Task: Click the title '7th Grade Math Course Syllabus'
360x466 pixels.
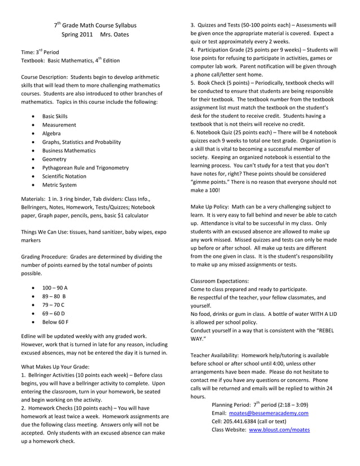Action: click(x=95, y=25)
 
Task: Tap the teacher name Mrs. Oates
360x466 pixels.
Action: click(x=115, y=35)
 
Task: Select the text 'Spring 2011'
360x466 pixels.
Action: click(x=77, y=35)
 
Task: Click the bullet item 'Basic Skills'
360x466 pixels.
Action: click(x=55, y=116)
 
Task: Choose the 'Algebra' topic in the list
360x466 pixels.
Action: click(x=52, y=133)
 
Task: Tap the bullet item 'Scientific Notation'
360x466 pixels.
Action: click(x=64, y=176)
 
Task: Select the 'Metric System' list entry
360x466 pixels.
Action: click(x=59, y=184)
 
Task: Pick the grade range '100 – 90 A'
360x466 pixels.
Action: click(x=55, y=288)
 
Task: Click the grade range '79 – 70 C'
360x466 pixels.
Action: click(x=54, y=305)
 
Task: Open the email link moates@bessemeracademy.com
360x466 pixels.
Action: click(x=269, y=413)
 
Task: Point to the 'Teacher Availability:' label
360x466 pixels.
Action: click(x=216, y=355)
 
